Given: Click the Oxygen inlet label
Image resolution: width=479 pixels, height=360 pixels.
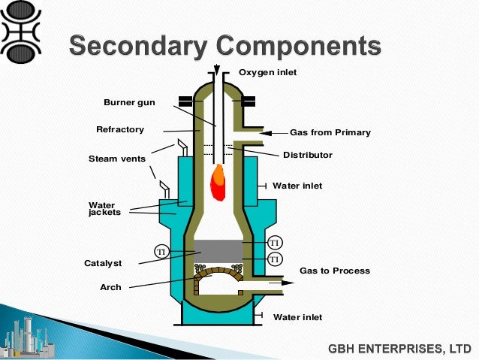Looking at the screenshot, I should click(x=268, y=72).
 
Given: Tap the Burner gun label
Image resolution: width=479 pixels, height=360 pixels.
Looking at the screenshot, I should click(x=129, y=101).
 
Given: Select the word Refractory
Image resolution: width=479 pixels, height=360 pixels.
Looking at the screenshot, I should click(x=120, y=129).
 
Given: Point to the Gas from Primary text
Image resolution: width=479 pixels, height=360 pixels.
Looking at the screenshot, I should click(x=330, y=132).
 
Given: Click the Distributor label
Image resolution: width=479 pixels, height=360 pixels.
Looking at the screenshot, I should click(x=308, y=155).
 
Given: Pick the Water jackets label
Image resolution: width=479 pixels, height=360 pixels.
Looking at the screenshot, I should click(x=104, y=207).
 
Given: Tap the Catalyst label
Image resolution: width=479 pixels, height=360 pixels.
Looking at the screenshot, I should click(x=103, y=263).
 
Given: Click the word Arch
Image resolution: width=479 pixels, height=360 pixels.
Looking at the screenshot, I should click(x=110, y=287).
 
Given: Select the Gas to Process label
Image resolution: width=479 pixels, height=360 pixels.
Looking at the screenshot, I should click(x=335, y=271).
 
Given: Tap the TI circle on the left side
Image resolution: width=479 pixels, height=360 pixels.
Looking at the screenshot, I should click(x=160, y=250).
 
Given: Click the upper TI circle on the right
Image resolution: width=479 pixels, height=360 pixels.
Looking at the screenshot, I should click(x=275, y=243).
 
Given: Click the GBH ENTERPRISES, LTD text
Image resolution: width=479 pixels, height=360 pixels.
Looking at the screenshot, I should click(x=399, y=349).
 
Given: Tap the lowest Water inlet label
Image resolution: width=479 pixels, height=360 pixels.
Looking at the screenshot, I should click(x=297, y=317).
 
